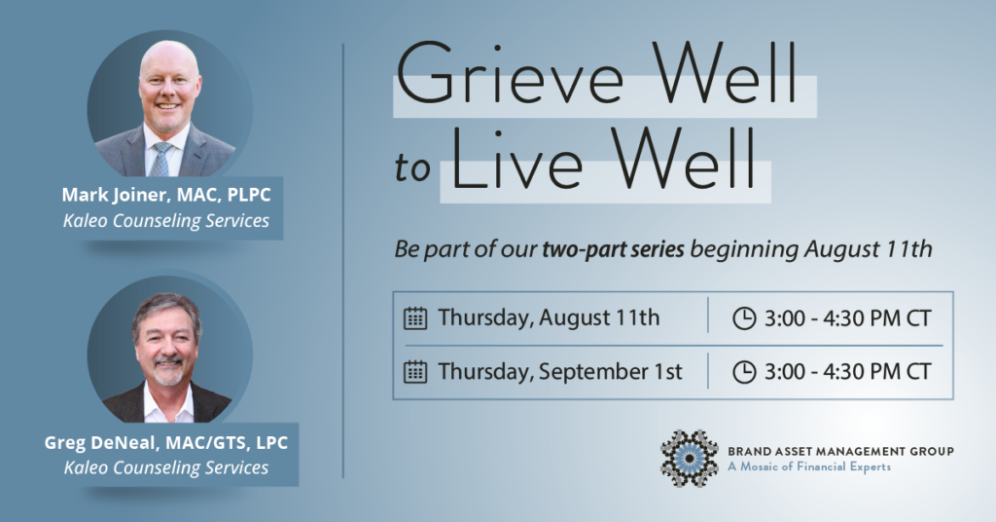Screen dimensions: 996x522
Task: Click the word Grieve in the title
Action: point(509,74)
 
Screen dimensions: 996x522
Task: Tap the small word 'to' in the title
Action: point(412,168)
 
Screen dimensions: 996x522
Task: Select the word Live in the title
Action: point(516,159)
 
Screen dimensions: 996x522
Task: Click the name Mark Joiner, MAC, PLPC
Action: point(166,195)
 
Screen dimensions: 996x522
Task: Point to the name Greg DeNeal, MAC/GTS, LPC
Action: point(166,442)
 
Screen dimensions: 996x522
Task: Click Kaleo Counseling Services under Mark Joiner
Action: point(166,221)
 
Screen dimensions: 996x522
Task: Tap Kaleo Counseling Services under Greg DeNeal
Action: point(166,467)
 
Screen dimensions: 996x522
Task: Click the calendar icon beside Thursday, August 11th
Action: point(415,317)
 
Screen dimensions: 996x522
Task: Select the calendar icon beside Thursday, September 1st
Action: point(415,372)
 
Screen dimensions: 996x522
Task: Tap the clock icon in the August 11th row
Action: point(744,317)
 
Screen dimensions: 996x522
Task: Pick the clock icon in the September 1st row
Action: point(744,372)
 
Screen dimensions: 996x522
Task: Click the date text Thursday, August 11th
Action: point(549,317)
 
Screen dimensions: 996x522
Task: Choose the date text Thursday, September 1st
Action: point(560,372)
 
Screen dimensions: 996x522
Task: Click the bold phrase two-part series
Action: point(613,248)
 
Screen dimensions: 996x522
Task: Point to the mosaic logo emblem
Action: point(690,459)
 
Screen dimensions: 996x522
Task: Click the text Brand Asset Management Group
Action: point(840,452)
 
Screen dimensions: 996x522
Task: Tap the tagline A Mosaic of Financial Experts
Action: point(809,466)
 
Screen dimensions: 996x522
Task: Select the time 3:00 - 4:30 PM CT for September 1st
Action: point(848,372)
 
